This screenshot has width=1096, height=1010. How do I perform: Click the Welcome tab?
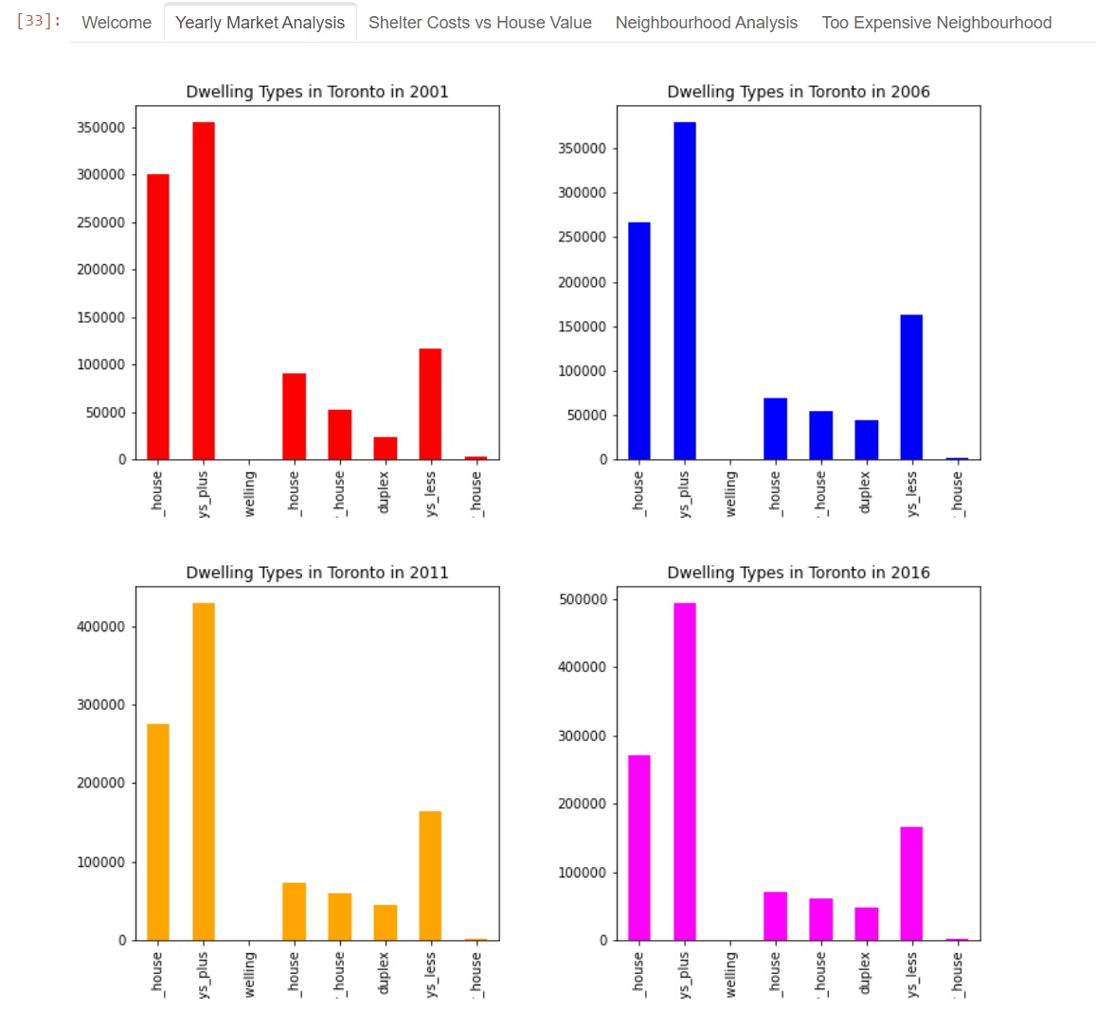[x=117, y=23]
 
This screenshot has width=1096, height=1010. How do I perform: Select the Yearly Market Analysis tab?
[x=260, y=23]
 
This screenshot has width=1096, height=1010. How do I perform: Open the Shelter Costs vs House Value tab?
[x=479, y=23]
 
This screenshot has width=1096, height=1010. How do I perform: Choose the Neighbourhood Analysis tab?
[x=706, y=23]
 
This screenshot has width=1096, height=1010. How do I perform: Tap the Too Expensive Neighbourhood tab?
[x=936, y=23]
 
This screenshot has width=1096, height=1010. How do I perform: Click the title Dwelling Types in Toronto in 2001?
[x=316, y=92]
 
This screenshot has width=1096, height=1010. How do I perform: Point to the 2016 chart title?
[x=798, y=573]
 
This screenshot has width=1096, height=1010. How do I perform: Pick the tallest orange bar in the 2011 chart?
[x=204, y=771]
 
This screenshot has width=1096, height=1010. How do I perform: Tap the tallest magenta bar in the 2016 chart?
[x=685, y=771]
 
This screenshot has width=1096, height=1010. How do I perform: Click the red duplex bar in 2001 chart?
[x=385, y=449]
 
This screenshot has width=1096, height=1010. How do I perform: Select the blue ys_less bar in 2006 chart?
[x=911, y=387]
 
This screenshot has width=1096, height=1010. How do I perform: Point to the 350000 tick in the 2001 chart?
[x=100, y=128]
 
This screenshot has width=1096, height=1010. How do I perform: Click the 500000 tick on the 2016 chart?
[x=582, y=599]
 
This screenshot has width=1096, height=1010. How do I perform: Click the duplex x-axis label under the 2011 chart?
[x=385, y=973]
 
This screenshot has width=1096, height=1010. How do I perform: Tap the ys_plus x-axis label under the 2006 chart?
[x=685, y=494]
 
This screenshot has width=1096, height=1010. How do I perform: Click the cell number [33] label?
[x=38, y=21]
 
